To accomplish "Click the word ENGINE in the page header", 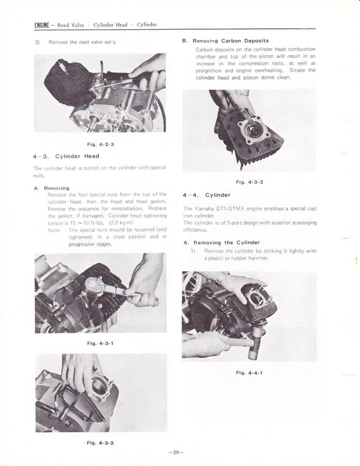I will pyautogui.click(x=41, y=25).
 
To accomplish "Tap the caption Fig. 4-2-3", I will pyautogui.click(x=100, y=145).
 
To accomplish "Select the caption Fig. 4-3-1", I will pyautogui.click(x=100, y=343).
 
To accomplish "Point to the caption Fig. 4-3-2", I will pyautogui.click(x=100, y=442).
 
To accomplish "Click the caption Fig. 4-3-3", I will pyautogui.click(x=249, y=182).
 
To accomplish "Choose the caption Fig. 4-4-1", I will pyautogui.click(x=249, y=373).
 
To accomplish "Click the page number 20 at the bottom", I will pyautogui.click(x=176, y=452).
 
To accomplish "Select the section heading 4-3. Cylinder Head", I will pyautogui.click(x=66, y=156).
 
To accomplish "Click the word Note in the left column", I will pyautogui.click(x=54, y=230).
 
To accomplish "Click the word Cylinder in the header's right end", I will pyautogui.click(x=147, y=25).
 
